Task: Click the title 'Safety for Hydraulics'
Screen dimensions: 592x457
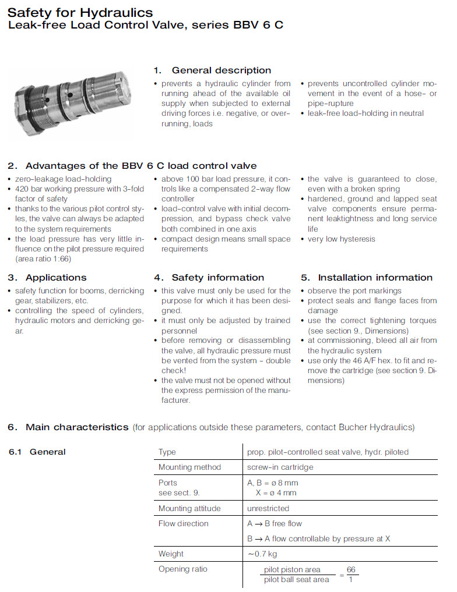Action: click(x=80, y=12)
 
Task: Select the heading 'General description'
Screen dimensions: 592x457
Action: click(x=221, y=70)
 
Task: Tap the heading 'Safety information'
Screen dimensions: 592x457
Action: click(x=217, y=278)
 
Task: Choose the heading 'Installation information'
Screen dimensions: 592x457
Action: click(x=375, y=278)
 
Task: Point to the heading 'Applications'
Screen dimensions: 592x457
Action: click(x=56, y=278)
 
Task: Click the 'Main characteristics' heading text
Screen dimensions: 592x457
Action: click(x=76, y=427)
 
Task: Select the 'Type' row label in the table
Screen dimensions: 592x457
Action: click(x=167, y=452)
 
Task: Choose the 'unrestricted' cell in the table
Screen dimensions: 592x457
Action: click(x=268, y=508)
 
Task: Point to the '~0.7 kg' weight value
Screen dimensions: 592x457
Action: click(x=262, y=554)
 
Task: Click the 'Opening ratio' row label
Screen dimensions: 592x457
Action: click(x=182, y=569)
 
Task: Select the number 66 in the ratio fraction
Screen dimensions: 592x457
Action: click(x=351, y=569)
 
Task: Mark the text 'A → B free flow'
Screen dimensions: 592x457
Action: click(x=275, y=523)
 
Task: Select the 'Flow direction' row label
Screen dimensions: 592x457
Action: click(x=183, y=523)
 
